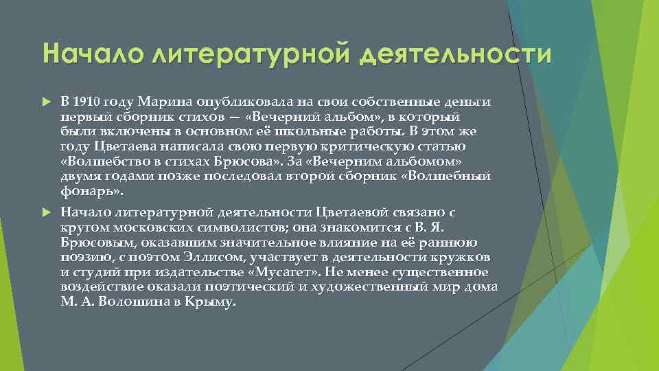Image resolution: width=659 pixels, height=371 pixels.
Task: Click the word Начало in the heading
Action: [x=86, y=53]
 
